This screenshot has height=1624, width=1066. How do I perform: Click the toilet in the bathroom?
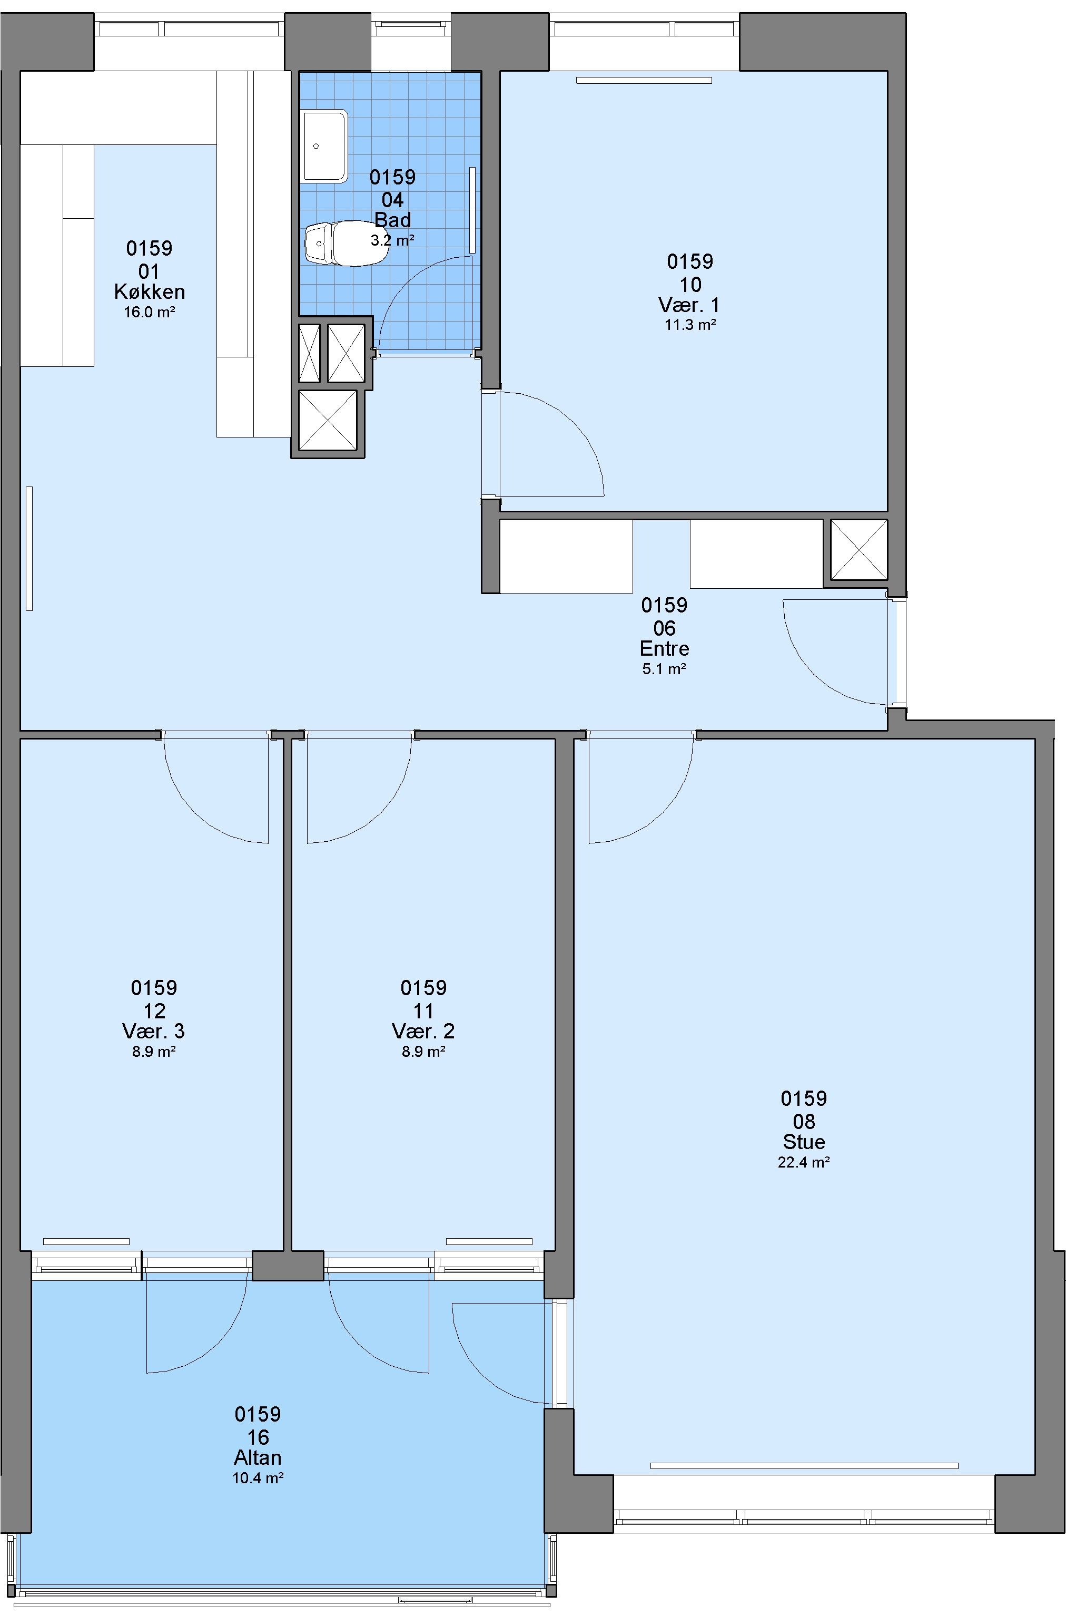click(347, 243)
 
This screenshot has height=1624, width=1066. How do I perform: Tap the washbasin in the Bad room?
click(324, 146)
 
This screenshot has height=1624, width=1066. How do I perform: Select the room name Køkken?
click(150, 291)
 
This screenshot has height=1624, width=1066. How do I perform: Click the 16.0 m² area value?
click(150, 313)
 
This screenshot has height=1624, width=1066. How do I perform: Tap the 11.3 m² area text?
click(690, 325)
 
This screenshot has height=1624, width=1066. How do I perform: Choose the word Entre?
click(664, 648)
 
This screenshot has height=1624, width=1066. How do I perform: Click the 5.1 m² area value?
click(664, 669)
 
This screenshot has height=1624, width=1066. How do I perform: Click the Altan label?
click(258, 1457)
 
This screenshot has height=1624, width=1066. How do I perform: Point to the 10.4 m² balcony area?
click(258, 1479)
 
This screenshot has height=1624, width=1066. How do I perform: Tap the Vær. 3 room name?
click(153, 1031)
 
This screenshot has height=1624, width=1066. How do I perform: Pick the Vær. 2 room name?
click(423, 1031)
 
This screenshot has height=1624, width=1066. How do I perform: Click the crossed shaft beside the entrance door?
click(858, 549)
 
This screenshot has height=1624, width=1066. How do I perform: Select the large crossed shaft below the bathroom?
click(328, 420)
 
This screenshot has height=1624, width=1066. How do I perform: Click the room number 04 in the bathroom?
click(392, 199)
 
